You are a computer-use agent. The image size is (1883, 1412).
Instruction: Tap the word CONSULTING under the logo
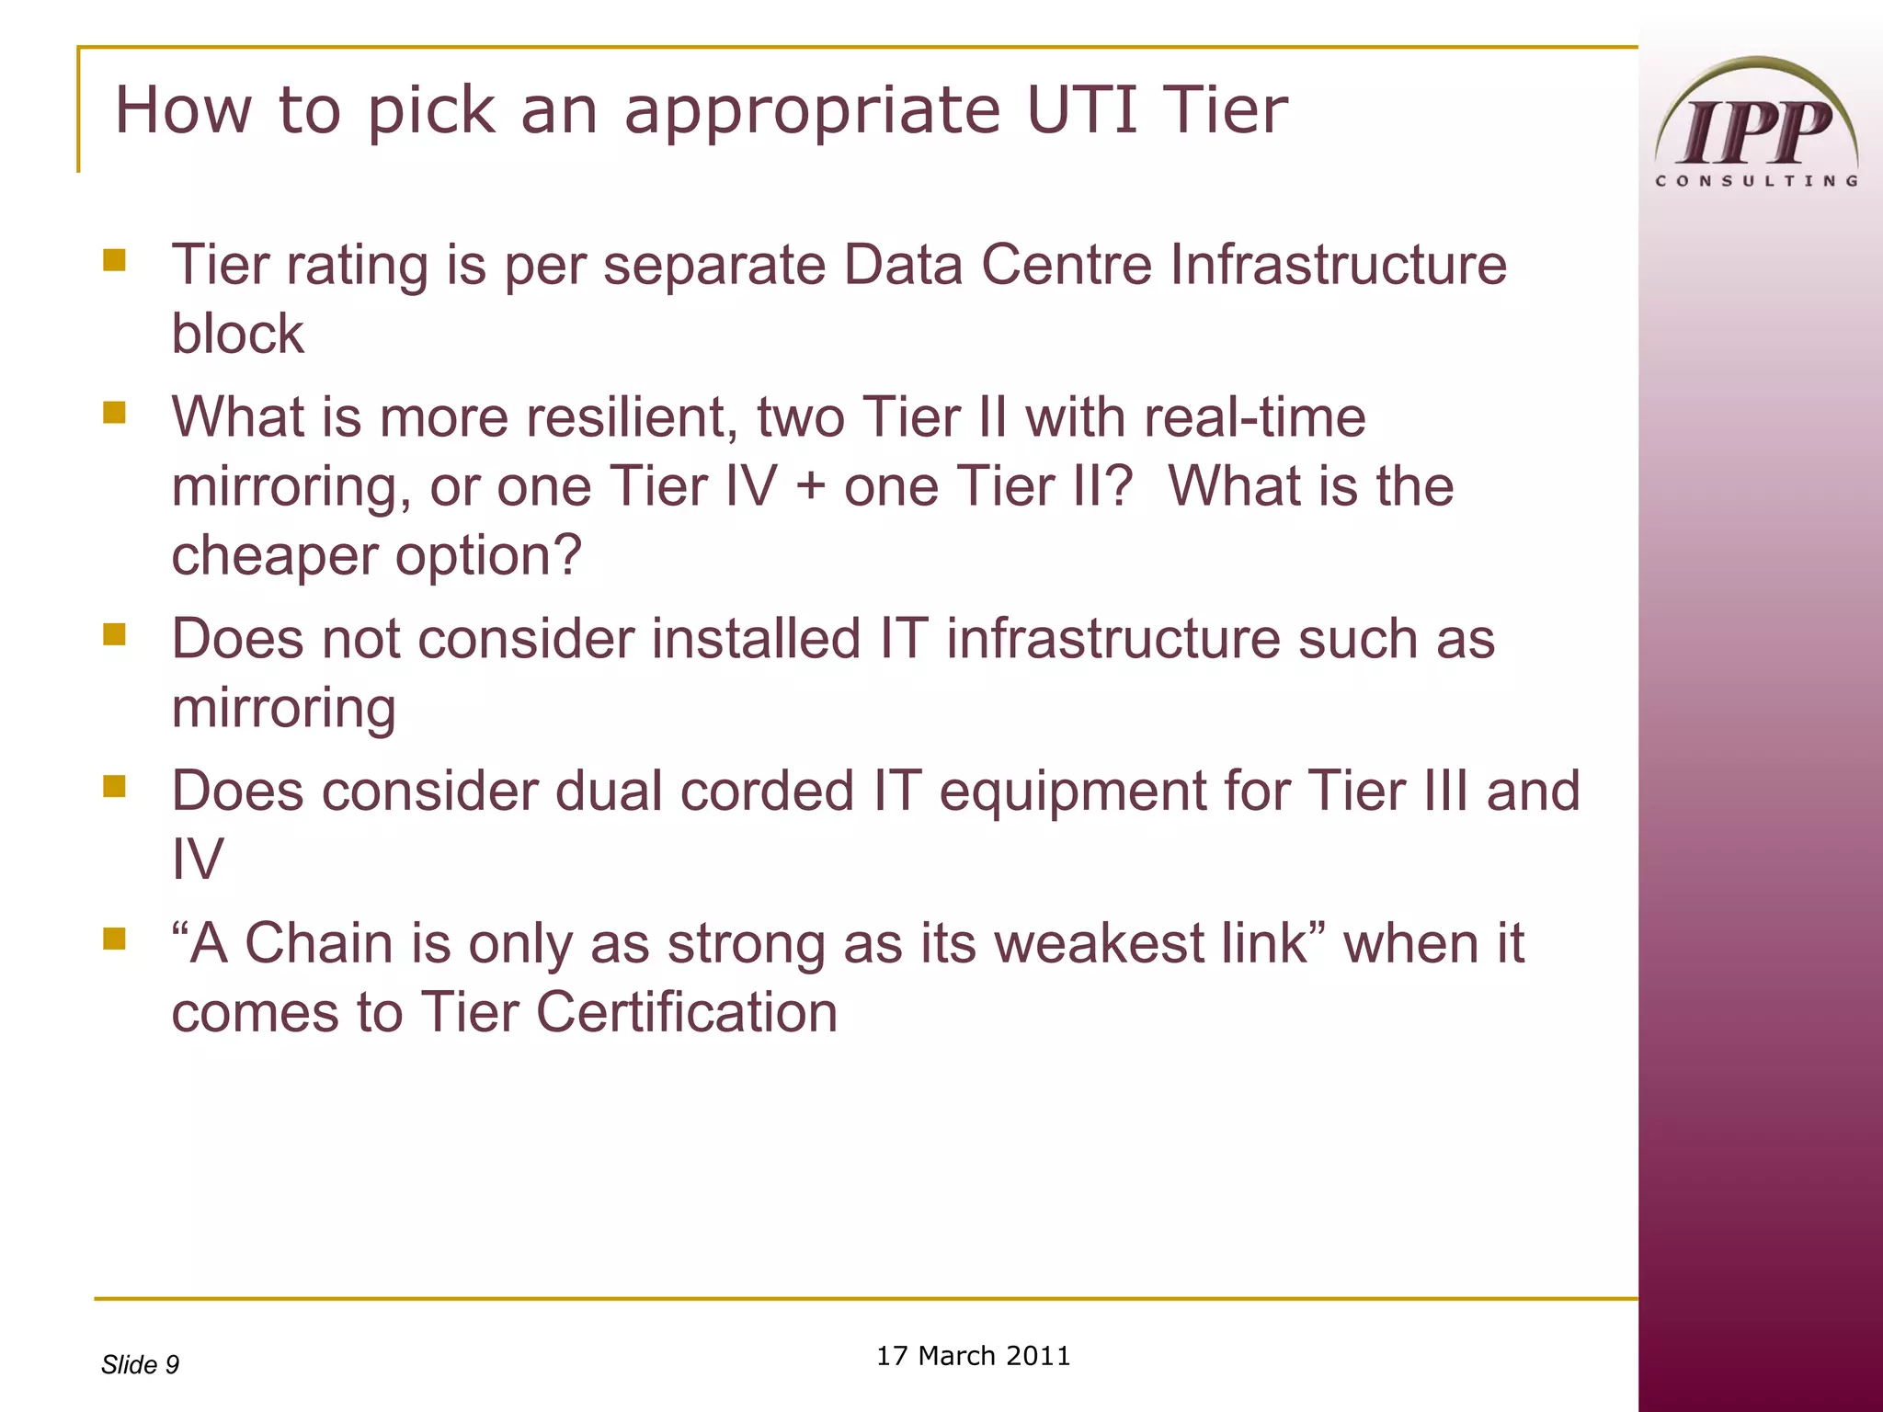tap(1756, 181)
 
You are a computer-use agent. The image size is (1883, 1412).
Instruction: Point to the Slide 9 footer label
tap(140, 1364)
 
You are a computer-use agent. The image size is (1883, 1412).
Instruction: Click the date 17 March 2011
tap(973, 1356)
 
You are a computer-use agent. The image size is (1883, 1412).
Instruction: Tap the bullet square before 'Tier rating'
tap(115, 260)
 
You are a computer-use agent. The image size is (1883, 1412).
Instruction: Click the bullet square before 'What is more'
tap(115, 413)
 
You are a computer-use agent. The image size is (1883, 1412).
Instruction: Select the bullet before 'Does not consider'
tap(115, 634)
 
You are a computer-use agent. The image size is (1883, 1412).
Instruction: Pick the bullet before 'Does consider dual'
tap(115, 787)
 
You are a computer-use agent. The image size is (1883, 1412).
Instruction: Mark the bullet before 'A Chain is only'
tap(115, 939)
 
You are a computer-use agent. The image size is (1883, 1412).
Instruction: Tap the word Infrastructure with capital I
tap(1338, 265)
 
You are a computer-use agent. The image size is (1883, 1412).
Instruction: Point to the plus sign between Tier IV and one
tap(810, 487)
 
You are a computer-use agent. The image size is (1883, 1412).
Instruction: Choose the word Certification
tap(686, 1012)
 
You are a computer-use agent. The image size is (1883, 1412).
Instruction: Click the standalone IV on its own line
tap(198, 860)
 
